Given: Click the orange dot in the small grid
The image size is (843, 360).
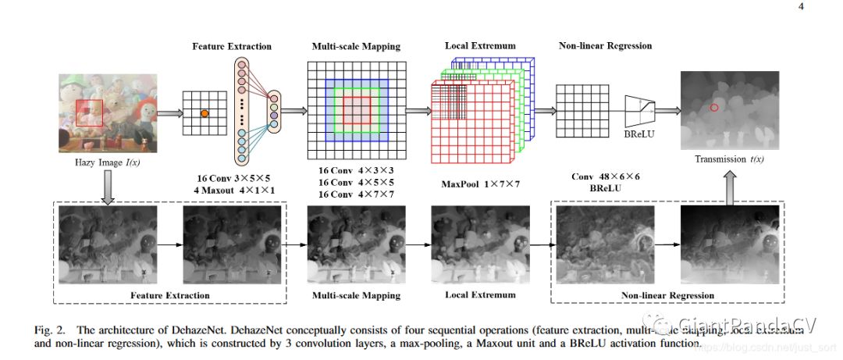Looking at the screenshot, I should [x=205, y=114].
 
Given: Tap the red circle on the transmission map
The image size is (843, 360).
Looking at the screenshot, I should [x=714, y=107].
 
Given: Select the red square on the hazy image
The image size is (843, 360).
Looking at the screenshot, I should [x=89, y=112].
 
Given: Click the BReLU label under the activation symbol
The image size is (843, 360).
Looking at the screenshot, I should [x=639, y=134].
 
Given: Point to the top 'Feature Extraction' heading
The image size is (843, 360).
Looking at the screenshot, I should [x=232, y=46].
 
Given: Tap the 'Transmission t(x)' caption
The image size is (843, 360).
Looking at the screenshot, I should [x=729, y=159].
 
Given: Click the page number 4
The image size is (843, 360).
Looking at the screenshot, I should [x=801, y=7].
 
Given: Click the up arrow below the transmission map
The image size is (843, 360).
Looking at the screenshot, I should [x=729, y=186].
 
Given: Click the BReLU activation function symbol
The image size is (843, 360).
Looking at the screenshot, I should [x=639, y=111].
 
